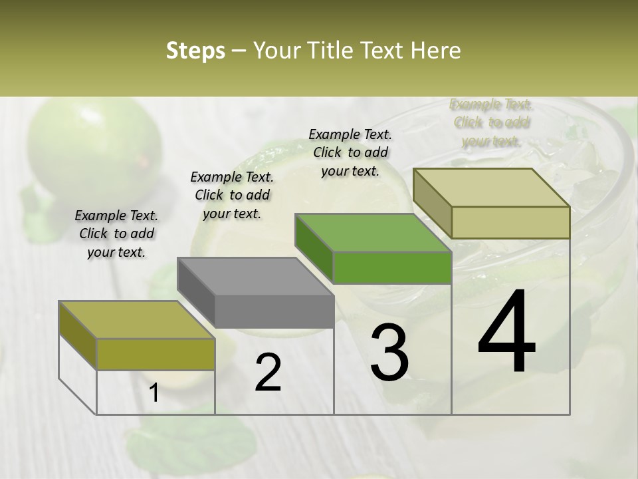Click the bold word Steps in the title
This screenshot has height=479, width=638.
(195, 51)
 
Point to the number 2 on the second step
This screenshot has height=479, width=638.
(268, 373)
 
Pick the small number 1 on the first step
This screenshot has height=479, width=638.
(154, 393)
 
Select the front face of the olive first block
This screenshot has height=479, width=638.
(156, 354)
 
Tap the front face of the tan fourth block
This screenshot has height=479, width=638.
(510, 222)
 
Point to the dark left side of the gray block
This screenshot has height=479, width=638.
(195, 286)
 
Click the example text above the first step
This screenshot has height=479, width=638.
(116, 234)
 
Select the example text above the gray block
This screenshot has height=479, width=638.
(232, 195)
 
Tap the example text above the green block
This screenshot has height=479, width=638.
(350, 152)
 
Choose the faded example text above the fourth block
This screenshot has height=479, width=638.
(490, 122)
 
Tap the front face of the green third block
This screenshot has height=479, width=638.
(392, 267)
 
